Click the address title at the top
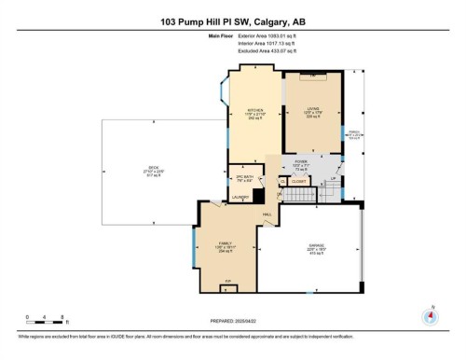(233, 21)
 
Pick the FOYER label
(301, 161)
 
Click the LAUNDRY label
(240, 198)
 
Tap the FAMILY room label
(225, 242)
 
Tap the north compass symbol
(430, 314)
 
